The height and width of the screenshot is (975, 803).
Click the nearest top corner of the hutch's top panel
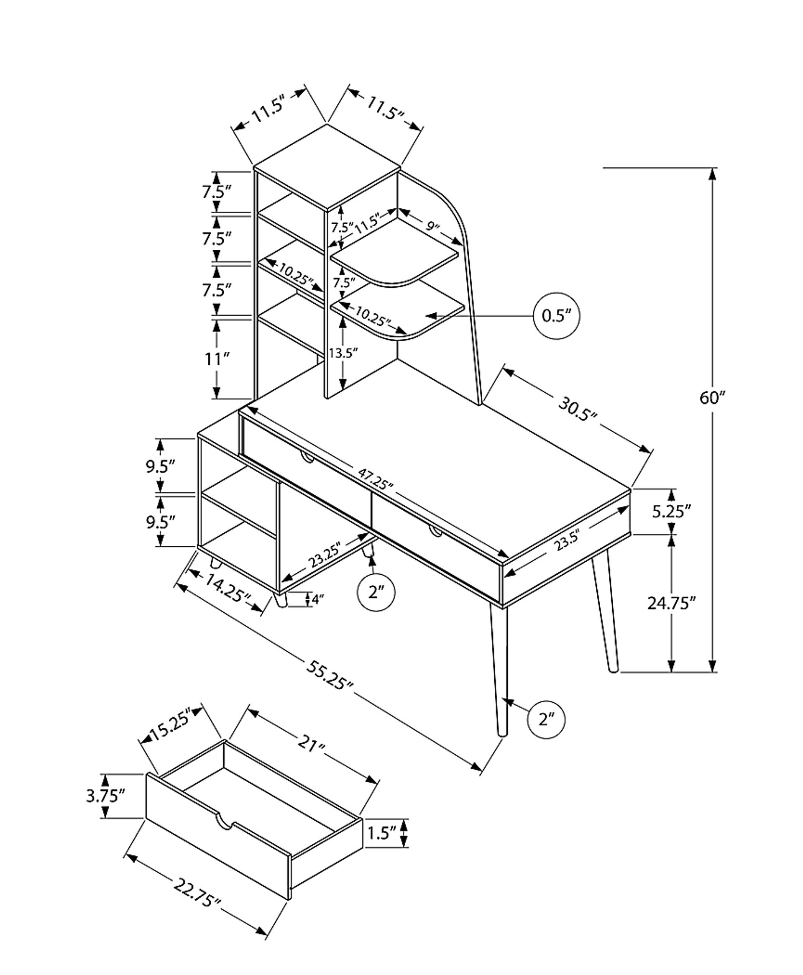point(327,210)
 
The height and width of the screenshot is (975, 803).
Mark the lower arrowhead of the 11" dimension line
point(216,392)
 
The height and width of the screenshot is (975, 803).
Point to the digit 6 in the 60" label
point(704,398)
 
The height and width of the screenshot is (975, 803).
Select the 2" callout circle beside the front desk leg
point(546,719)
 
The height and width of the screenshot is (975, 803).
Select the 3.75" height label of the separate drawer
point(105,796)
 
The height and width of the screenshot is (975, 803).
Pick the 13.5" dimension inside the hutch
point(344,353)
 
